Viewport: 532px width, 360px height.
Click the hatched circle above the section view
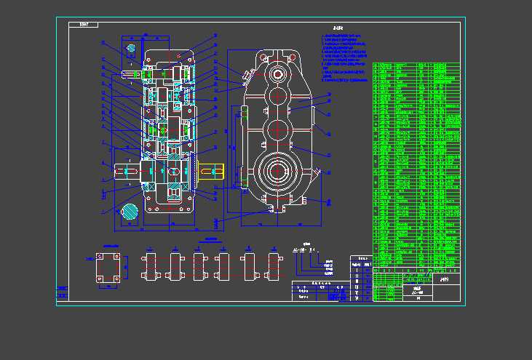[132, 49]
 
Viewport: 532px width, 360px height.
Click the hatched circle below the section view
[130, 212]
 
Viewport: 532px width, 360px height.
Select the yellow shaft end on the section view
[210, 171]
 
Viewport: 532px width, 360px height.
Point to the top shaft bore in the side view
[278, 75]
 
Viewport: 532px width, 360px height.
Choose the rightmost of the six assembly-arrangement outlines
[274, 266]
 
